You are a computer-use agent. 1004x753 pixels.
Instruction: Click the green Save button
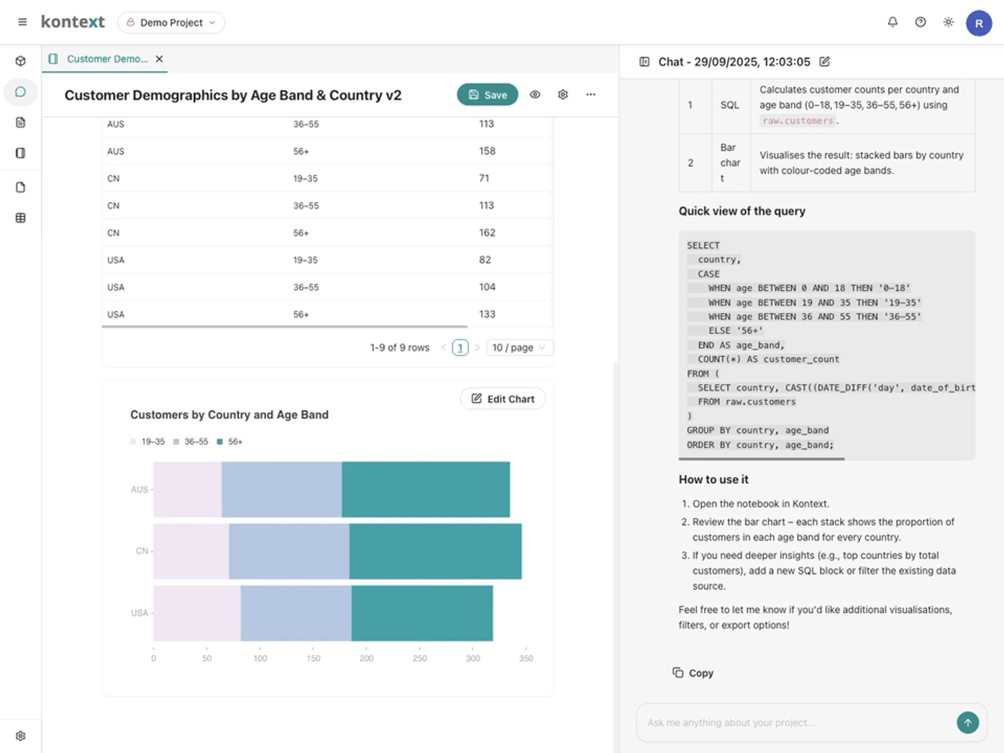pyautogui.click(x=487, y=95)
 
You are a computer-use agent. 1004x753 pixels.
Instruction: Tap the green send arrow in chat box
pyautogui.click(x=967, y=723)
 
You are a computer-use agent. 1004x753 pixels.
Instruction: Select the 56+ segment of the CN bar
pyautogui.click(x=435, y=551)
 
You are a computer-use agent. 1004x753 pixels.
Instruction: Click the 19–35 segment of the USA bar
pyautogui.click(x=196, y=613)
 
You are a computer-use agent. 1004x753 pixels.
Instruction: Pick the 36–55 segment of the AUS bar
pyautogui.click(x=281, y=489)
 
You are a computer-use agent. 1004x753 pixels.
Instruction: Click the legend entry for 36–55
pyautogui.click(x=191, y=442)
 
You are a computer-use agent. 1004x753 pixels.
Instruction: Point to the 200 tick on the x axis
pyautogui.click(x=366, y=658)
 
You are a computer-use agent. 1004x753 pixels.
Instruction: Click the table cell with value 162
pyautogui.click(x=487, y=233)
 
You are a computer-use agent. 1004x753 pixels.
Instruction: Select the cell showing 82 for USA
pyautogui.click(x=485, y=260)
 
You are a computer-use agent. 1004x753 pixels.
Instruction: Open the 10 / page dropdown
pyautogui.click(x=519, y=348)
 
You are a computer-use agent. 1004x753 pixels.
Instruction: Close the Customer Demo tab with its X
pyautogui.click(x=159, y=59)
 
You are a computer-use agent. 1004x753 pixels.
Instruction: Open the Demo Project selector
pyautogui.click(x=171, y=23)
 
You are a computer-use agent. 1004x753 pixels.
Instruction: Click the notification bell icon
pyautogui.click(x=892, y=23)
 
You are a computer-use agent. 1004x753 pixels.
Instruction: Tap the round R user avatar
pyautogui.click(x=978, y=23)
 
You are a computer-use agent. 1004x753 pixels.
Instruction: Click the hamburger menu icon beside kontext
pyautogui.click(x=23, y=23)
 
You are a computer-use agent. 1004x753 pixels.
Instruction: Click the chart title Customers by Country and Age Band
pyautogui.click(x=229, y=415)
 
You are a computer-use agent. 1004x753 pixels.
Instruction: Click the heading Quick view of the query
pyautogui.click(x=742, y=211)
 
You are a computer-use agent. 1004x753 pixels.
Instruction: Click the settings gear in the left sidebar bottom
pyautogui.click(x=21, y=735)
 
